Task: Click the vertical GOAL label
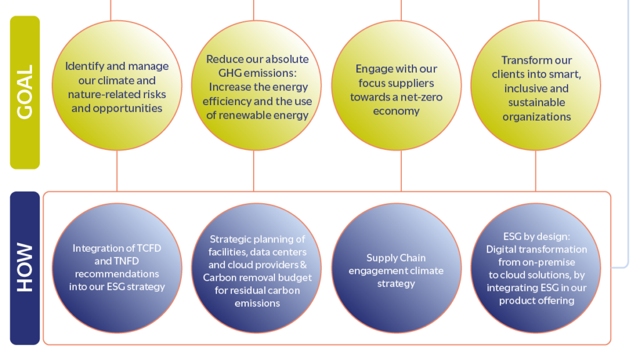24,92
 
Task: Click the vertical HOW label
24,267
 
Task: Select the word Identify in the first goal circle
84,66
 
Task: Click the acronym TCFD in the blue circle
149,248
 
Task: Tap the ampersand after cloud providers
303,265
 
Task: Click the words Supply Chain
396,258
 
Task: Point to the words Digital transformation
536,249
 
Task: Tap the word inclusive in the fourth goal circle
524,89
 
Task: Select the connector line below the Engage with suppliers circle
401,171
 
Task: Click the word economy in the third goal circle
396,111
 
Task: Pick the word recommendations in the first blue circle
117,274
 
